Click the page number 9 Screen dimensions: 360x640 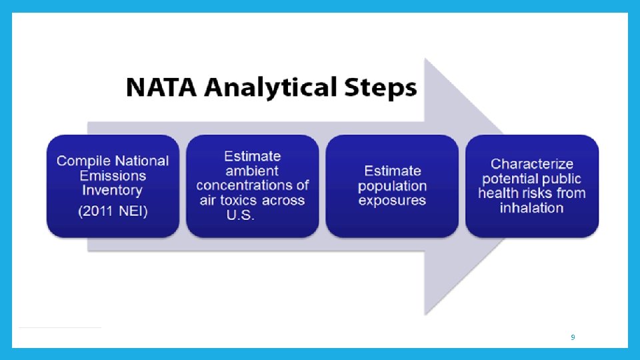573,338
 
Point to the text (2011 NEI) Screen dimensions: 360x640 113,211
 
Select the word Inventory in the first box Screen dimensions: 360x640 113,190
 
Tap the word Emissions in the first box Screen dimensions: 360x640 113,175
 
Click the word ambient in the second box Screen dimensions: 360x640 252,171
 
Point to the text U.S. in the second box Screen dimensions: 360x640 239,215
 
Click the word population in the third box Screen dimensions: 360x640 392,185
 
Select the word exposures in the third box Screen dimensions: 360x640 392,200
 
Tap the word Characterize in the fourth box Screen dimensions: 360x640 532,163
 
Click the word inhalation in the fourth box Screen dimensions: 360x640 532,207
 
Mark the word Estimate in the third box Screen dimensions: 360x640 392,171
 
